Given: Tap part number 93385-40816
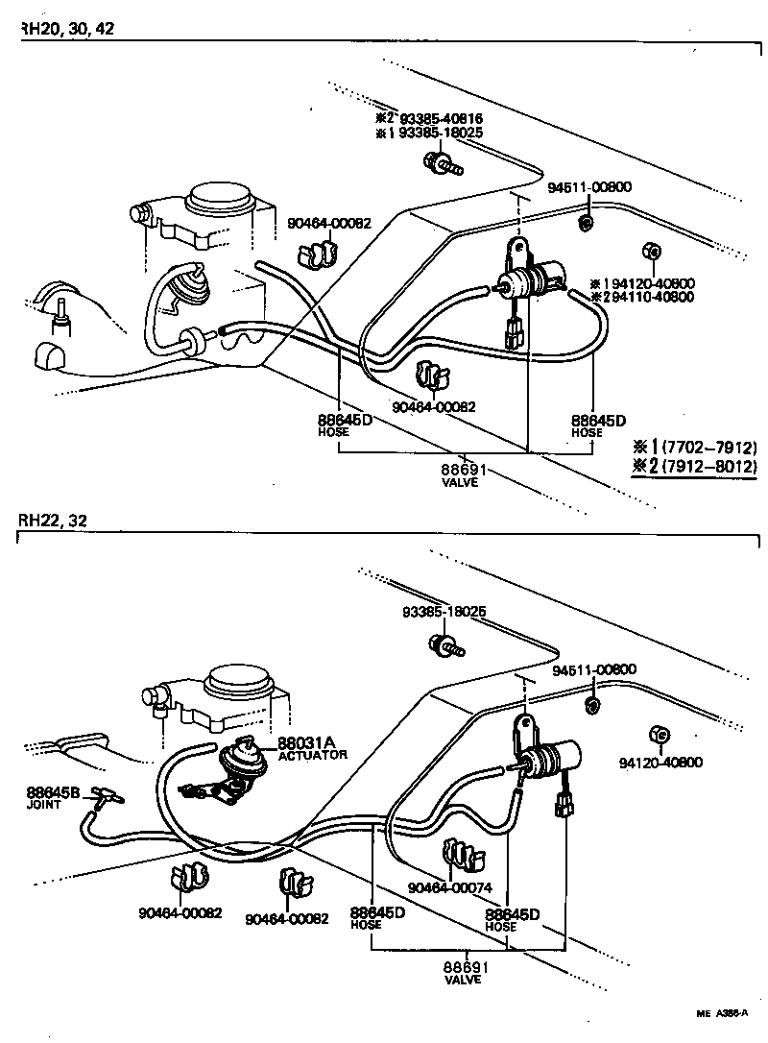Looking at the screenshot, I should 433,118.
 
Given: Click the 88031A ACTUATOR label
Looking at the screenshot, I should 313,748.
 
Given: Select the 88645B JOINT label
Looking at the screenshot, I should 54,797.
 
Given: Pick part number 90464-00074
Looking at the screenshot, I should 450,888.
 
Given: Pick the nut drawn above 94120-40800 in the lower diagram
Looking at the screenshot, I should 658,736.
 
